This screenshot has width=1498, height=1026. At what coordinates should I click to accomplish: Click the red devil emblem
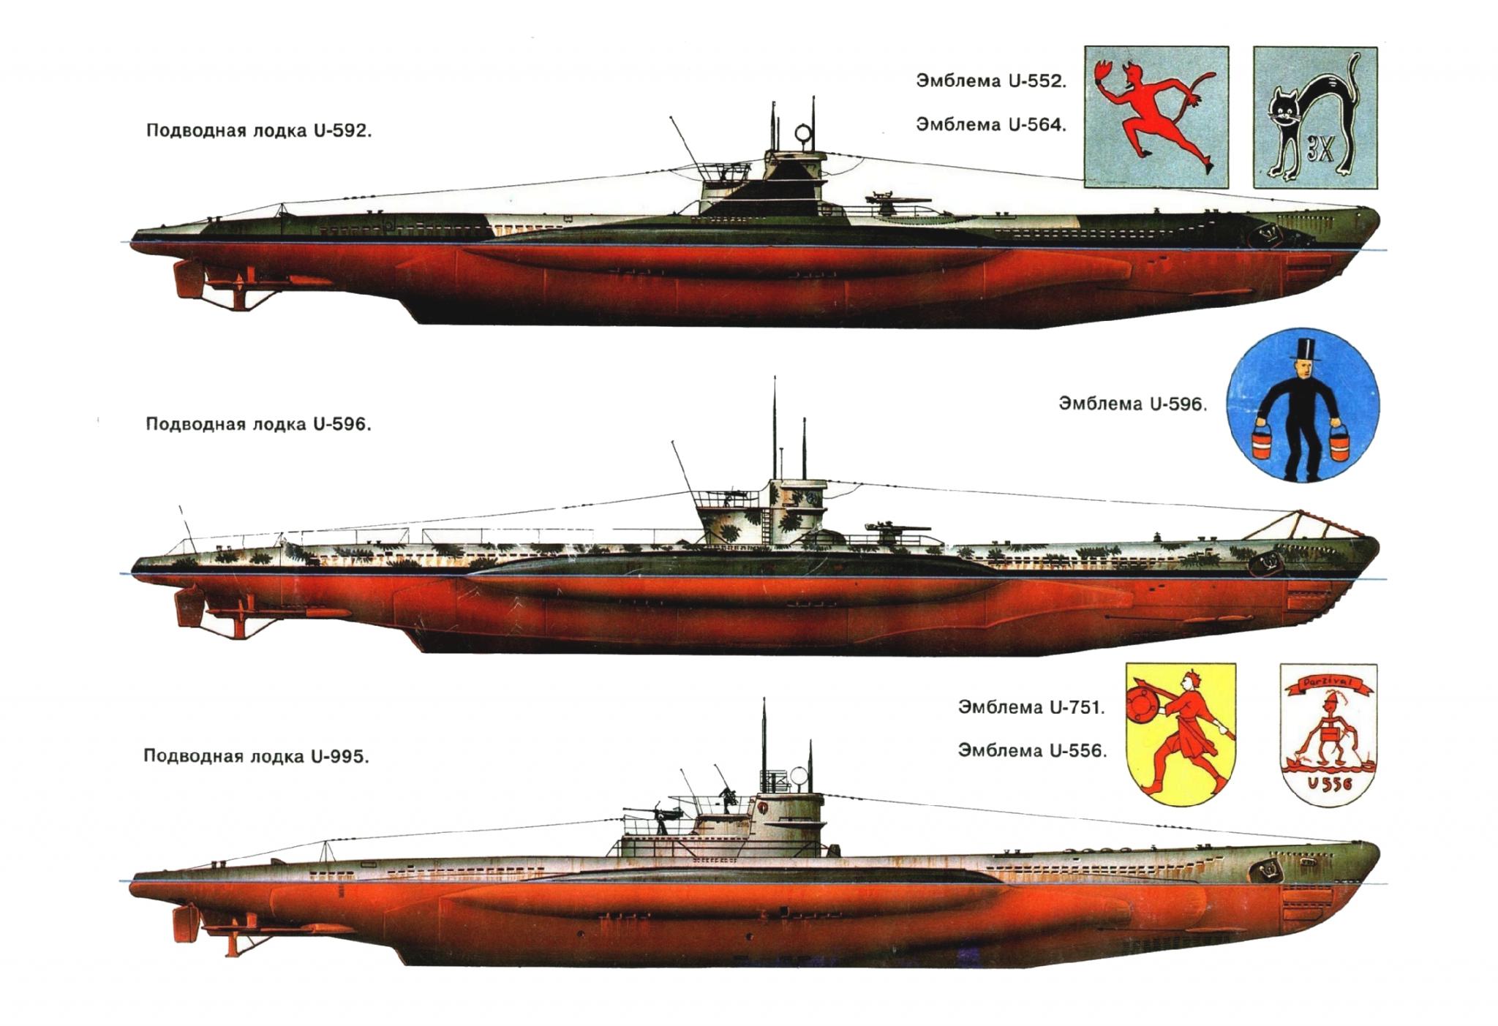pyautogui.click(x=1156, y=118)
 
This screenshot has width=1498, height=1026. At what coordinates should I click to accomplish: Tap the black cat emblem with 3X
pyautogui.click(x=1315, y=118)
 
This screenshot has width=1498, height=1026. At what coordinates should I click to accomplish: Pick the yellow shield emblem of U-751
pyautogui.click(x=1180, y=734)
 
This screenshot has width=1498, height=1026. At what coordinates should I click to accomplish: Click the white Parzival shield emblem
pyautogui.click(x=1328, y=735)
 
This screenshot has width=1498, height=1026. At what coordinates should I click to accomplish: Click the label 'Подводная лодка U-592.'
pyautogui.click(x=259, y=131)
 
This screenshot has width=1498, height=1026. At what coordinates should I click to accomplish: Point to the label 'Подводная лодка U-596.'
pyautogui.click(x=258, y=425)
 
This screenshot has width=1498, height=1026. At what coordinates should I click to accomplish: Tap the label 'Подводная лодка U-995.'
pyautogui.click(x=256, y=755)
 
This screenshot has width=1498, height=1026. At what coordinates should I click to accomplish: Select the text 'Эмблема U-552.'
pyautogui.click(x=991, y=80)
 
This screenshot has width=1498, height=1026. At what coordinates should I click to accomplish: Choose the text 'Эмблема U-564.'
pyautogui.click(x=991, y=124)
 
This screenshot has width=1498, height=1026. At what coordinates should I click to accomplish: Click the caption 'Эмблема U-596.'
pyautogui.click(x=1132, y=403)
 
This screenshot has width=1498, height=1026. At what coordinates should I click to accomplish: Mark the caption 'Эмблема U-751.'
pyautogui.click(x=1031, y=707)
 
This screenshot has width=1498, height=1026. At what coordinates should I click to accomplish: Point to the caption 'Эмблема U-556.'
pyautogui.click(x=1032, y=750)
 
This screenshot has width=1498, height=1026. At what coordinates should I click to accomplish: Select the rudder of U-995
pyautogui.click(x=186, y=925)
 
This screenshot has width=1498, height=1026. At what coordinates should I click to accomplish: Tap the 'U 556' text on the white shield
pyautogui.click(x=1329, y=783)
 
